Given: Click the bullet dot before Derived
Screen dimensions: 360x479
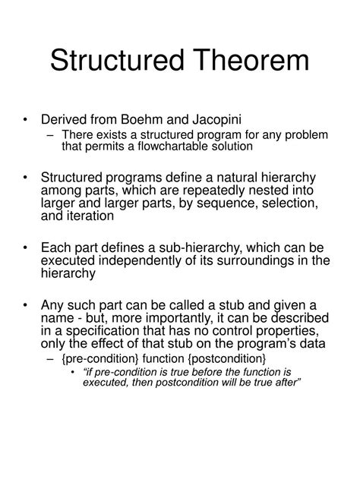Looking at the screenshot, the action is (x=27, y=120).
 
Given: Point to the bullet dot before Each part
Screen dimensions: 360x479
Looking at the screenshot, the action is (x=27, y=248).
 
